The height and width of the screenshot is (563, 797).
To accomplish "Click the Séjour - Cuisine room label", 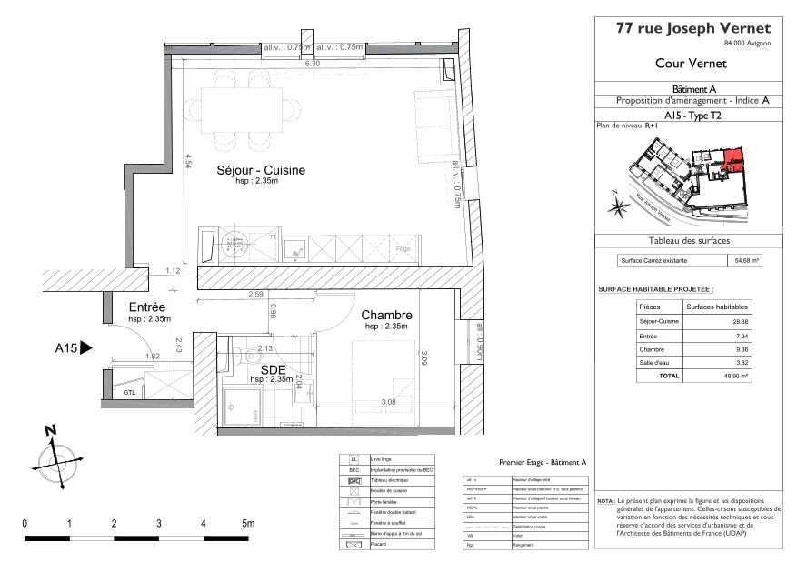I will [x=260, y=170].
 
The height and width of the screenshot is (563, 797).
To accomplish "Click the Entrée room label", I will [x=146, y=308].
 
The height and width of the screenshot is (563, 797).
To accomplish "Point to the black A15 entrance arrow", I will [x=86, y=347].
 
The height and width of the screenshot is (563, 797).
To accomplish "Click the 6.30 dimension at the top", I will [x=312, y=65].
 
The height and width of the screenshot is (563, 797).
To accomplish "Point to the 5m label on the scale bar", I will [x=247, y=524].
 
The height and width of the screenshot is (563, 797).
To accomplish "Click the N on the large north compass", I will [x=51, y=430].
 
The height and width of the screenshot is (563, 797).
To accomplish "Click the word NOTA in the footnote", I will [x=604, y=502].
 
